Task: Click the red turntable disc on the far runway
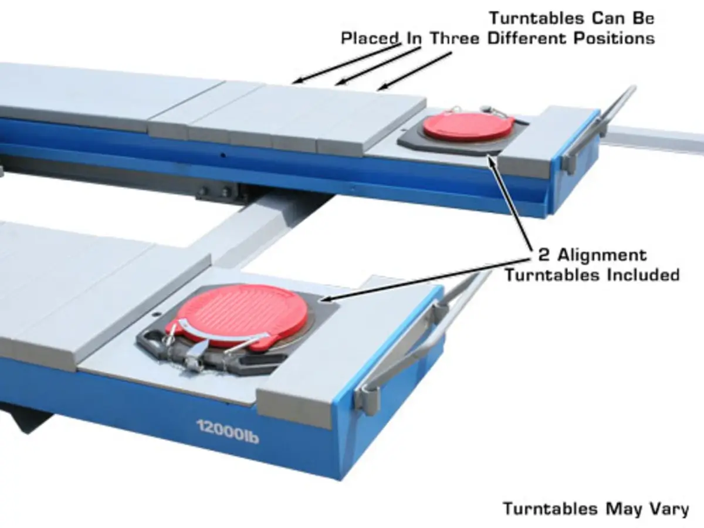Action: (x=468, y=126)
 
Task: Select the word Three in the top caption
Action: (x=455, y=39)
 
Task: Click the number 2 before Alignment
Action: (x=544, y=255)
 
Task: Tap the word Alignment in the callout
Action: (x=603, y=256)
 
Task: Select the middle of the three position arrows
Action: (x=377, y=66)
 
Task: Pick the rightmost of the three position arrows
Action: (x=414, y=71)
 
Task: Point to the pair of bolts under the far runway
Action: (x=215, y=192)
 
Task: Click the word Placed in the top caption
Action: (x=370, y=39)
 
